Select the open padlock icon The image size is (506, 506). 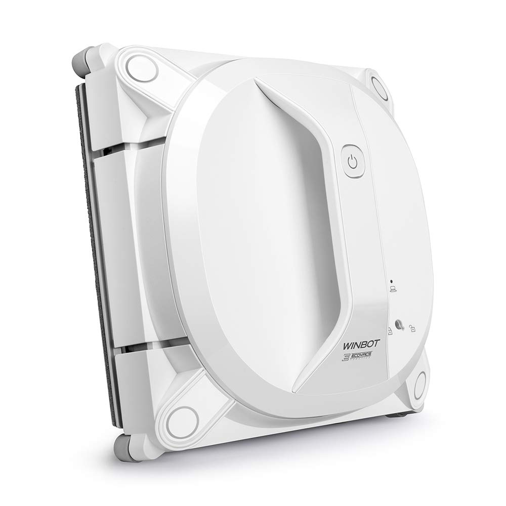click(413, 329)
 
